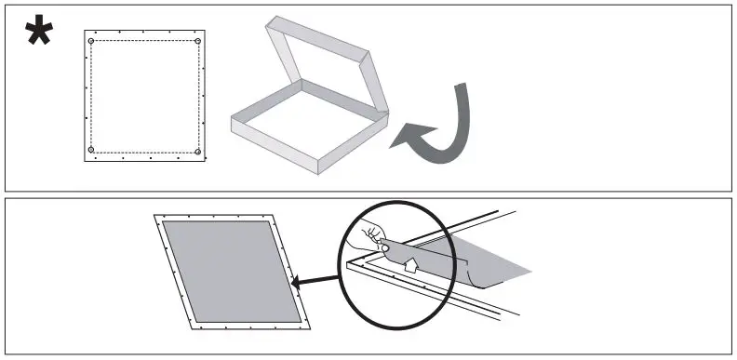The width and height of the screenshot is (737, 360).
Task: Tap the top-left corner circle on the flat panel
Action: click(x=91, y=42)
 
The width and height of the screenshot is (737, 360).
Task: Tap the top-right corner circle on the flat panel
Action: click(x=198, y=42)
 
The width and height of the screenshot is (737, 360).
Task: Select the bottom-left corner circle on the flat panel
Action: click(x=91, y=150)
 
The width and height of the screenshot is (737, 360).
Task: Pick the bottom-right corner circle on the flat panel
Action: click(x=198, y=150)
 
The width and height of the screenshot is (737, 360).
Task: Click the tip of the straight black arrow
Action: click(x=291, y=280)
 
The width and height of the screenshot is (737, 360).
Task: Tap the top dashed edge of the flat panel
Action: click(x=144, y=42)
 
